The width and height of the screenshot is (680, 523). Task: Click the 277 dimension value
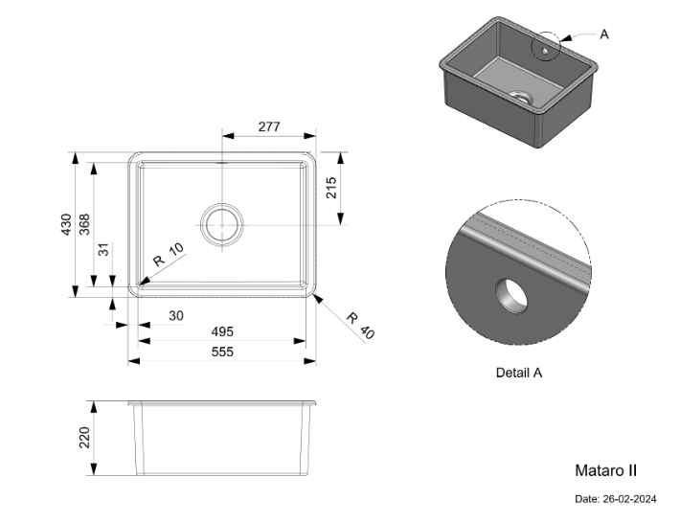coord(268,125)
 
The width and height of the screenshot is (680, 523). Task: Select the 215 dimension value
coord(332,188)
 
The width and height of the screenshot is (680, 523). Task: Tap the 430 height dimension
coord(66,224)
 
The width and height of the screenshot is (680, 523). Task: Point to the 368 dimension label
coord(84,224)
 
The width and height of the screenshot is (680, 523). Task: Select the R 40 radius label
coord(361,326)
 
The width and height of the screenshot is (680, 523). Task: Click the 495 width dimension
coord(222,331)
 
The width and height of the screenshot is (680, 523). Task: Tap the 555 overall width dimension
coord(222,352)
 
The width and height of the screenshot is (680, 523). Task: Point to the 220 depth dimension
coord(84,439)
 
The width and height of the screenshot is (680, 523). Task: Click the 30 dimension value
coord(176,315)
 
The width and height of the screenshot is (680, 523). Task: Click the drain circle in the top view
coord(221,224)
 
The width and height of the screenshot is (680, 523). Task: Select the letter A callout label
coord(604,34)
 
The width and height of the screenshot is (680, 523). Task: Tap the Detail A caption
coord(519,373)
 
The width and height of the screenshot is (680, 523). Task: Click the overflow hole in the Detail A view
coord(510,297)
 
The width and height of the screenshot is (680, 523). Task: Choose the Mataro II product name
coord(605,470)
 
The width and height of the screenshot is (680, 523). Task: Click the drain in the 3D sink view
coord(519,96)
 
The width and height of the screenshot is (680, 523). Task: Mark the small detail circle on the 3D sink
coord(547,44)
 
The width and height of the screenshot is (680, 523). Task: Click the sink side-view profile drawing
coord(223,439)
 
